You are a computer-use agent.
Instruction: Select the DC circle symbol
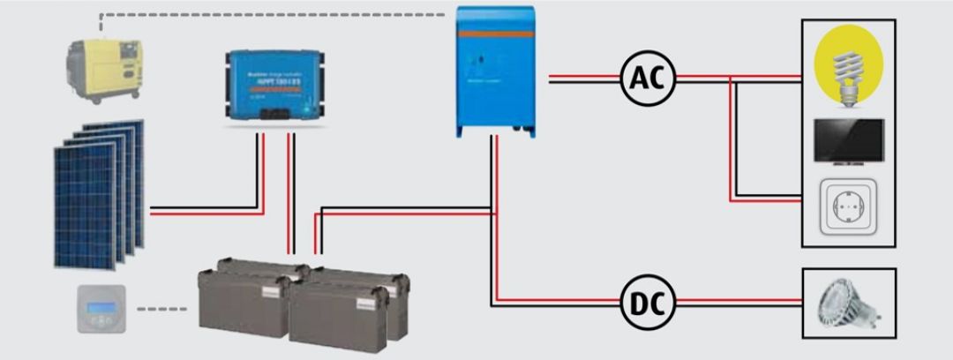648,304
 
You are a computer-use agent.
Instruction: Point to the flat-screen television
848,139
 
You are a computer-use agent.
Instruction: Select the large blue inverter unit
495,71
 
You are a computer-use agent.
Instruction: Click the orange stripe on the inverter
495,33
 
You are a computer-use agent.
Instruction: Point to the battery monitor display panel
101,309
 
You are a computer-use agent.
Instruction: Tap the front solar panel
86,206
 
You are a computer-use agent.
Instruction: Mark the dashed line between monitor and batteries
162,310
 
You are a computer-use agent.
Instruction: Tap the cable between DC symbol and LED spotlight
737,304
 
